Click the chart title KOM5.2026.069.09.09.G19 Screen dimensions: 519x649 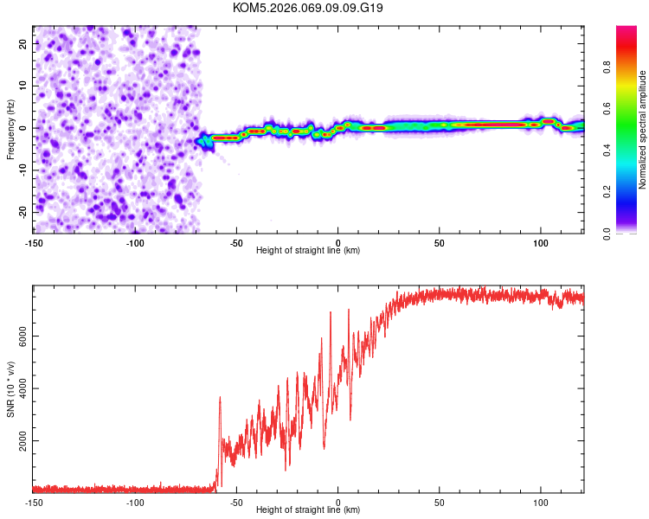pyautogui.click(x=308, y=8)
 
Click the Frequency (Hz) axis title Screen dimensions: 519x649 pyautogui.click(x=10, y=128)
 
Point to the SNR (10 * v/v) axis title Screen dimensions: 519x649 pyautogui.click(x=10, y=389)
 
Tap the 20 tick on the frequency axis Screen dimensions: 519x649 pyautogui.click(x=22, y=42)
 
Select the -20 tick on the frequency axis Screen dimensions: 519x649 pyautogui.click(x=22, y=212)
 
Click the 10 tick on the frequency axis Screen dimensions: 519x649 pyautogui.click(x=22, y=85)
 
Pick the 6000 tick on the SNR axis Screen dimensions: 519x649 pyautogui.click(x=18, y=336)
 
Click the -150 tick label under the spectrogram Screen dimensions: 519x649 pyautogui.click(x=33, y=243)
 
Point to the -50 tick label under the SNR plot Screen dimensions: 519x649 pyautogui.click(x=236, y=502)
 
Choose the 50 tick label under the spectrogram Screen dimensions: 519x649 pyautogui.click(x=440, y=243)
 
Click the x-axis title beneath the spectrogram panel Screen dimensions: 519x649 pyautogui.click(x=308, y=251)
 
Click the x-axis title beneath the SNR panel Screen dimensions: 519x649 pyautogui.click(x=308, y=509)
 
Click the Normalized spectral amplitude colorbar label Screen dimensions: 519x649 pyautogui.click(x=642, y=130)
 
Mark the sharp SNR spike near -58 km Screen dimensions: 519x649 pyautogui.click(x=220, y=397)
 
